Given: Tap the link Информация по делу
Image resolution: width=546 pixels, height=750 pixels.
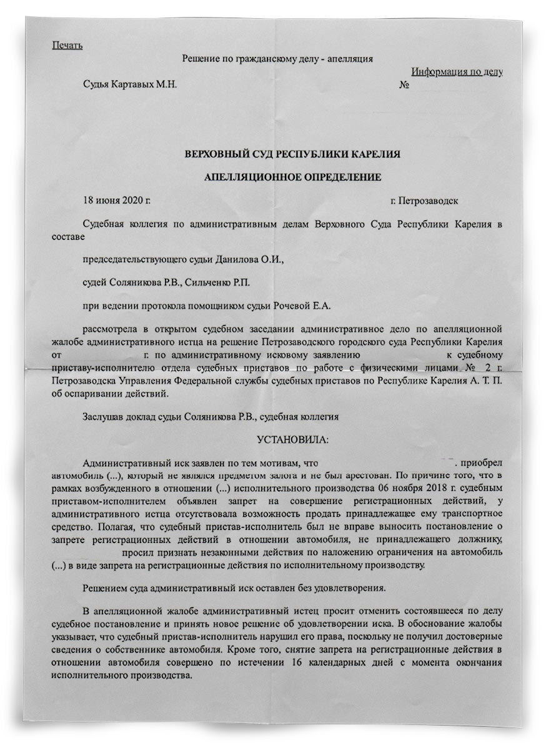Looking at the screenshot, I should pyautogui.click(x=457, y=72).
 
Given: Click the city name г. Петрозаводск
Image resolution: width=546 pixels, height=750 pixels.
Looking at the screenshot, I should pyautogui.click(x=425, y=201).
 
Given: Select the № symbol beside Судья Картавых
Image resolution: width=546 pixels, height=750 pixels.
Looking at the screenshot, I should pyautogui.click(x=404, y=84).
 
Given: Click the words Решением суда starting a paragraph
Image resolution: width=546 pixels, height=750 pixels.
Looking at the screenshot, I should pyautogui.click(x=113, y=588).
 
